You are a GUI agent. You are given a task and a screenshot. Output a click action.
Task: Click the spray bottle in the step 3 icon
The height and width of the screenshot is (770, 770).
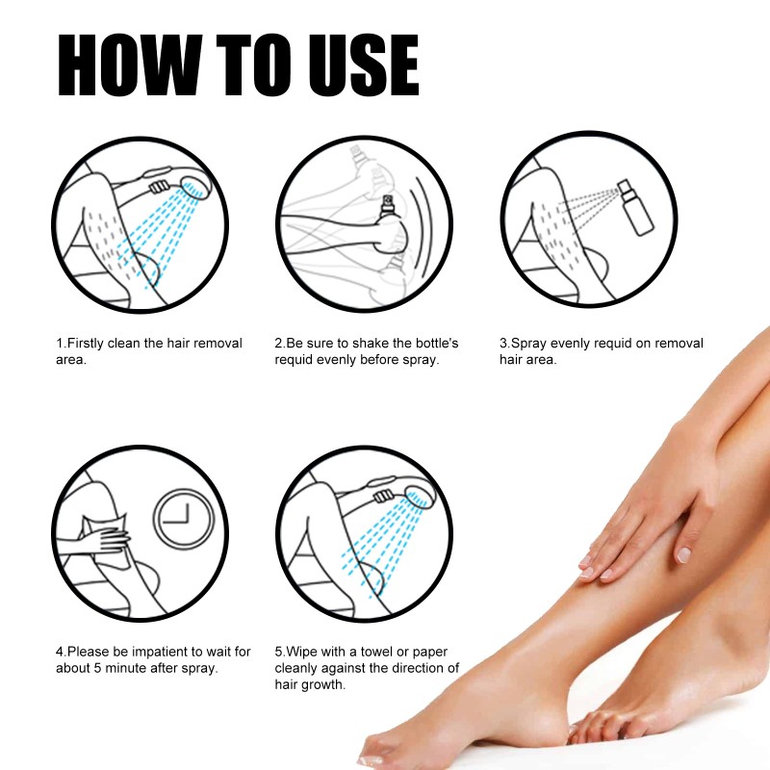tap(635, 208)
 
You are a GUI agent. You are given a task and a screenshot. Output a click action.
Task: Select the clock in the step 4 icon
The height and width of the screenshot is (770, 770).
tap(183, 521)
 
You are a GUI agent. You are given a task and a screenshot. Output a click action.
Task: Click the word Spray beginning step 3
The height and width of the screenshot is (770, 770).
tap(527, 344)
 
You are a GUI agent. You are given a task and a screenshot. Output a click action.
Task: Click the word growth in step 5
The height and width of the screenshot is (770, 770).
tap(325, 685)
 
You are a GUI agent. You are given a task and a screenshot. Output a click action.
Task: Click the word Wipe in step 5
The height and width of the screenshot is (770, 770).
tap(301, 653)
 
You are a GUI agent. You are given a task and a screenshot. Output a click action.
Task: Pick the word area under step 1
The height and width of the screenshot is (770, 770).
tap(69, 360)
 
